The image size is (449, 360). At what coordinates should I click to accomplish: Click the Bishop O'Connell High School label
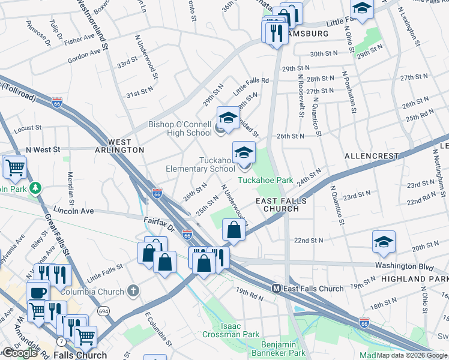180,129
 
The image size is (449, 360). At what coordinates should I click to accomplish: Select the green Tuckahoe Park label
265,180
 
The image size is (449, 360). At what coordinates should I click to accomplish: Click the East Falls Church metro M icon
277,289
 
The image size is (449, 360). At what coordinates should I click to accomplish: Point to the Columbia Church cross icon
133,291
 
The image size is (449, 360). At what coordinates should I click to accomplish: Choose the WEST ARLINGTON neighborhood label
119,149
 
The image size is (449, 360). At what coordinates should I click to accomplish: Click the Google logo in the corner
19,353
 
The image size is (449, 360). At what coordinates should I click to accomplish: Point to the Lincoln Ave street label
73,211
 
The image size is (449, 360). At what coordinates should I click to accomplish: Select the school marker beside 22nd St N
384,242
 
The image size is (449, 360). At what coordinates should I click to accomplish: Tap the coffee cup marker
37,292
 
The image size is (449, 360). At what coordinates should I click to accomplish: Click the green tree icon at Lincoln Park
37,188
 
